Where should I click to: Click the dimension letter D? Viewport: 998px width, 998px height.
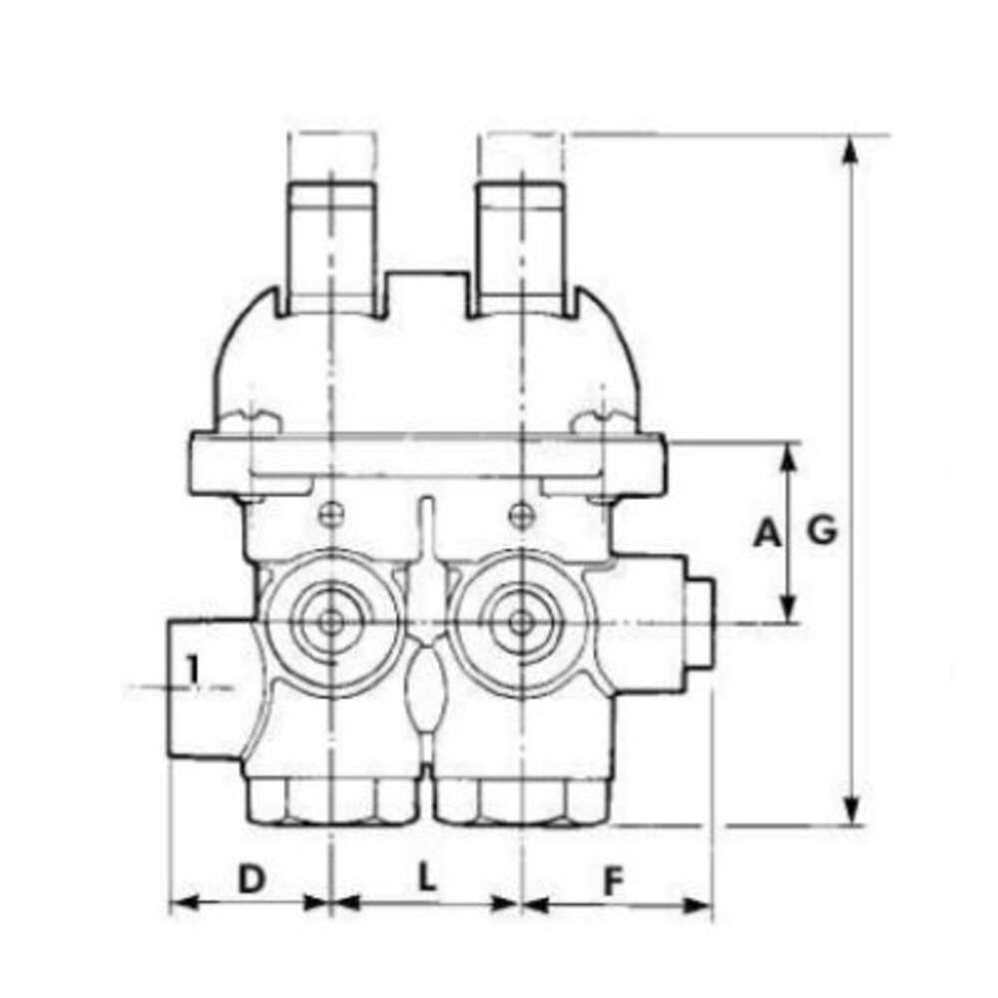tap(250, 878)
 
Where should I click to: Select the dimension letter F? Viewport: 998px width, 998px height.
tap(613, 881)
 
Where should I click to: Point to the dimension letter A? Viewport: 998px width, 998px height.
tap(766, 532)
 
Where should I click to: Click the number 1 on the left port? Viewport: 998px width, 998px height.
tap(193, 669)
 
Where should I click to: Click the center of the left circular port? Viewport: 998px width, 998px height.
tap(330, 623)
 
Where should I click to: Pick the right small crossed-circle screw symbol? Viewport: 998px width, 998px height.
tap(521, 514)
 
